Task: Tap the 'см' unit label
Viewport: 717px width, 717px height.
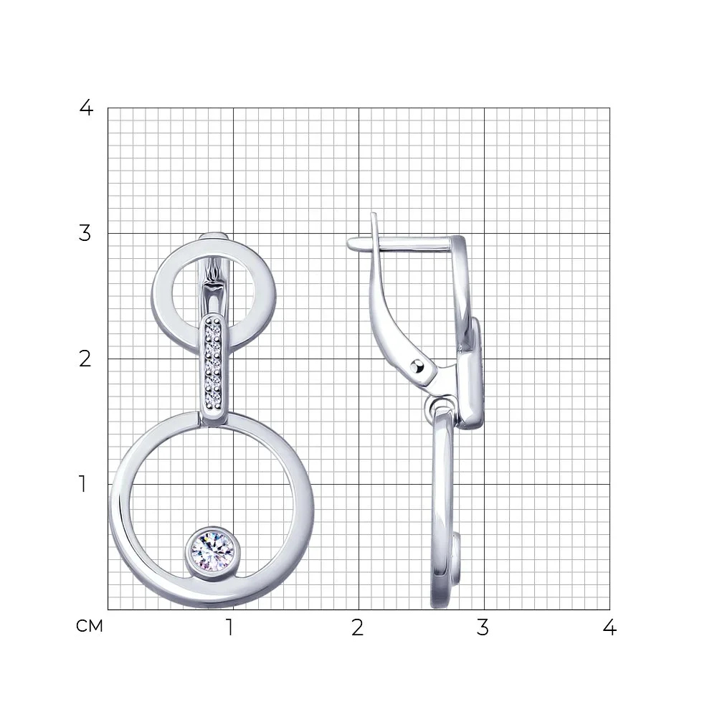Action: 90,626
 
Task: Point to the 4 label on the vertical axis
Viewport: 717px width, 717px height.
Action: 86,108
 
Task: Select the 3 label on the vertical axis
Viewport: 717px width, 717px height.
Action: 85,233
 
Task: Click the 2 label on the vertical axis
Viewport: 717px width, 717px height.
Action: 85,359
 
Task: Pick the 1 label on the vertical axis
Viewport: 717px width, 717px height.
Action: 82,484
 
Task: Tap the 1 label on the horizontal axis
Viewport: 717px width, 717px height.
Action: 230,627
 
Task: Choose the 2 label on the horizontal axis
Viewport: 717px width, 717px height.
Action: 358,627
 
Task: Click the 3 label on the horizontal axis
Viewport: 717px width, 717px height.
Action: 483,627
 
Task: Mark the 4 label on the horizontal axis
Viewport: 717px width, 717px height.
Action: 609,627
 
